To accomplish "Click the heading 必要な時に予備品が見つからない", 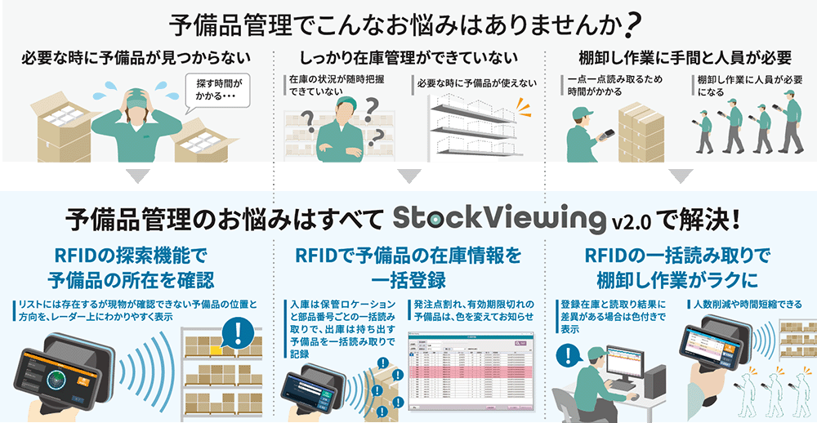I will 136,58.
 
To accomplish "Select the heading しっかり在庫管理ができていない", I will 408,58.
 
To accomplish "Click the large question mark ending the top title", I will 630,25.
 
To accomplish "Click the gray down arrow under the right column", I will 680,176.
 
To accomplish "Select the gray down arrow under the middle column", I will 408,176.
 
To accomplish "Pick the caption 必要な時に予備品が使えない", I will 476,82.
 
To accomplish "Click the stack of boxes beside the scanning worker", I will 640,131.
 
